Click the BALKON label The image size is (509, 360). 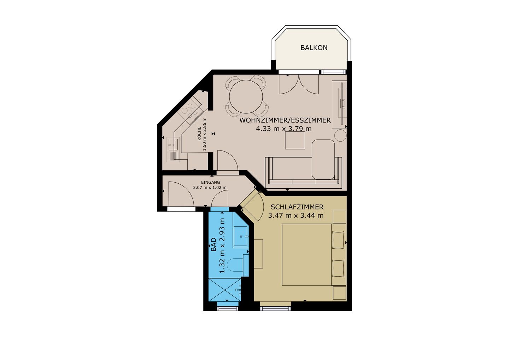tap(314, 48)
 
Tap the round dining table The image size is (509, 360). tap(246, 97)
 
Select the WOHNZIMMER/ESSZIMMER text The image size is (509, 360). tap(285, 120)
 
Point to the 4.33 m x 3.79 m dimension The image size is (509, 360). tap(283, 129)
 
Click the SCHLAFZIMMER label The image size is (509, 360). tap(297, 207)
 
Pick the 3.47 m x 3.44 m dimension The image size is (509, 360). tap(296, 215)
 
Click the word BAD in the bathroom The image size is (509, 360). tap(213, 244)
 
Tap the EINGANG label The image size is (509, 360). tap(210, 182)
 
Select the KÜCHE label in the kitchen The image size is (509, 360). tap(199, 133)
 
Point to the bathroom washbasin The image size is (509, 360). tap(241, 236)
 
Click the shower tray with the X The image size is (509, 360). tap(224, 290)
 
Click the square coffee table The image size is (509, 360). tap(295, 141)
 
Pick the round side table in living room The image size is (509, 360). tap(340, 135)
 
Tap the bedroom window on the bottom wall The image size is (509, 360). tap(275, 308)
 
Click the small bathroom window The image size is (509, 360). tap(228, 308)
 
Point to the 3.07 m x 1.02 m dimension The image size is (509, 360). tap(210, 188)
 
